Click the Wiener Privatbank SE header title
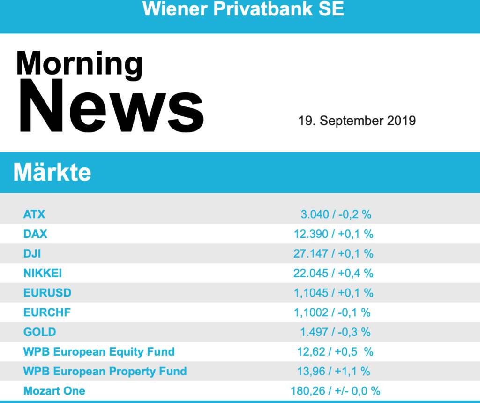[243, 9]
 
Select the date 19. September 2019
[357, 121]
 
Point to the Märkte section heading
[52, 173]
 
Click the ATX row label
[34, 214]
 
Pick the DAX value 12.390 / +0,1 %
[334, 234]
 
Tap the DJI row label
[32, 253]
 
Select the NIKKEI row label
[43, 273]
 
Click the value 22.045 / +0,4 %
[333, 273]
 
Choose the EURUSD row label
[47, 293]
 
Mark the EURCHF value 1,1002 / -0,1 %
[332, 312]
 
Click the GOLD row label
[40, 332]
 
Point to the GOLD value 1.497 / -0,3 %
[335, 332]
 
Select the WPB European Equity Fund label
[99, 352]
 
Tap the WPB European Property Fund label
[105, 372]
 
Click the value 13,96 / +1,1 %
[333, 372]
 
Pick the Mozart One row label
[54, 391]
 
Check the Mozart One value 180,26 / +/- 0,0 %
[335, 391]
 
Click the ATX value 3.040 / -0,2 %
[336, 214]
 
